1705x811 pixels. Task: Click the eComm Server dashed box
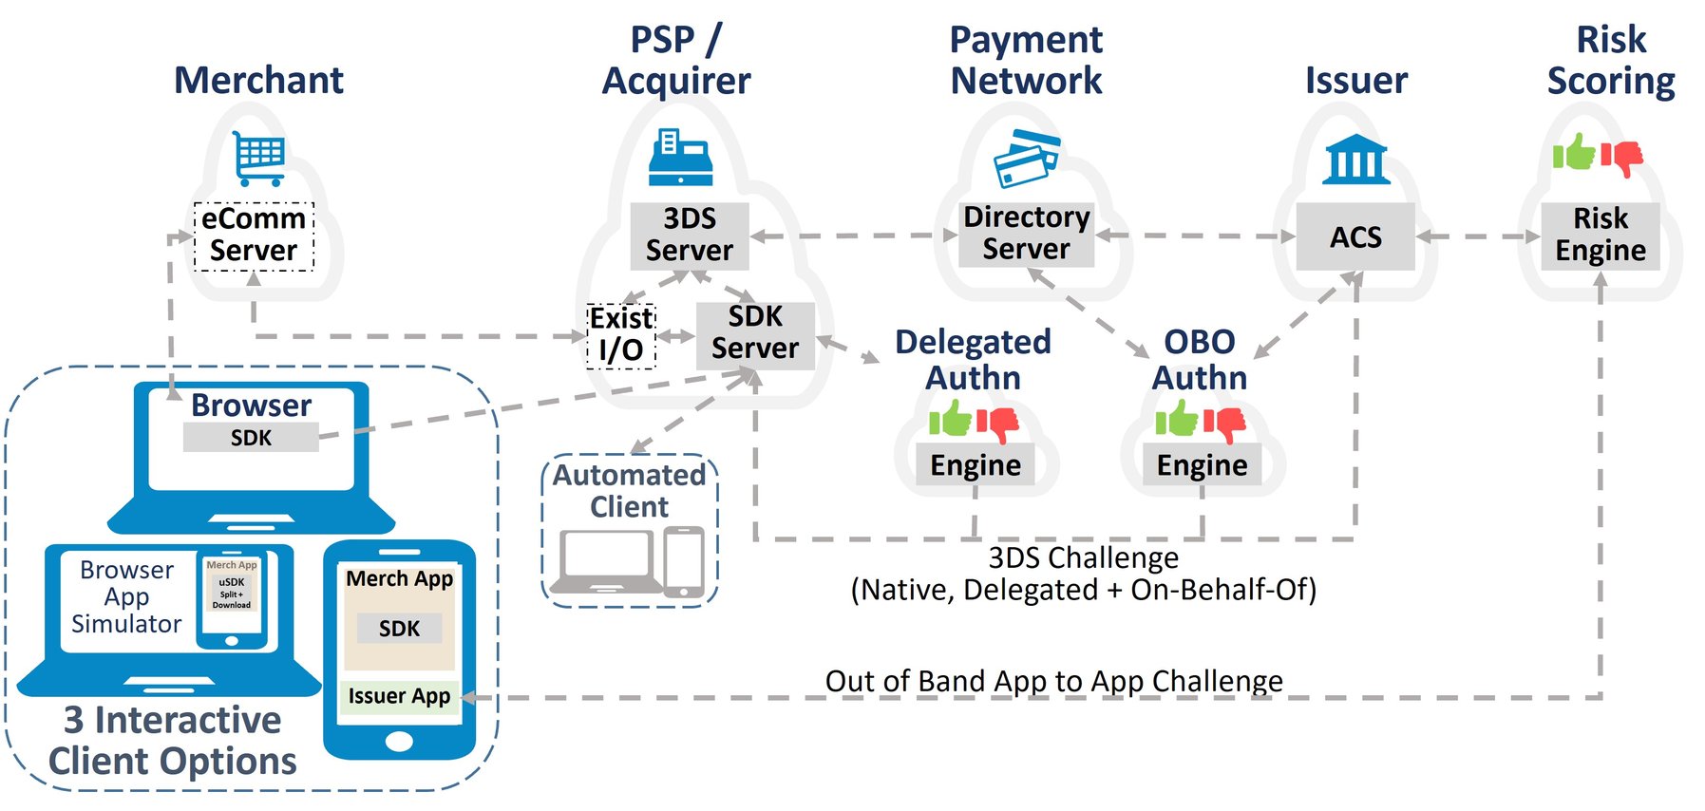[x=254, y=236]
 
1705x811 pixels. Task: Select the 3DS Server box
[x=690, y=236]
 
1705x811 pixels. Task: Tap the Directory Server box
[x=1026, y=234]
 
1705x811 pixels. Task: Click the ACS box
[x=1355, y=236]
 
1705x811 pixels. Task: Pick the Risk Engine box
[x=1601, y=236]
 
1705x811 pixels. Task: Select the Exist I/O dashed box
[x=621, y=335]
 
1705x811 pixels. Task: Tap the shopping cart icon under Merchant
[x=258, y=157]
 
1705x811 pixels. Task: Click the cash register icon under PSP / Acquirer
[x=680, y=157]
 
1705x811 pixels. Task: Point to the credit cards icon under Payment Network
[x=1026, y=158]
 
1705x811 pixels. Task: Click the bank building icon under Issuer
[x=1355, y=159]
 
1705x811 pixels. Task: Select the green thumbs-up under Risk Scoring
[x=1575, y=152]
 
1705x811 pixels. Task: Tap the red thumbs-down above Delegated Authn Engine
[x=997, y=423]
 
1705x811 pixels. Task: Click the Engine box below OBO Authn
[x=1202, y=465]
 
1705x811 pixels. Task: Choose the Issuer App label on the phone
[x=399, y=696]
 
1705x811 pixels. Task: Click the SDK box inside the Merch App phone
[x=399, y=628]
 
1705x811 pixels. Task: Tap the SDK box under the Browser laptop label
[x=251, y=438]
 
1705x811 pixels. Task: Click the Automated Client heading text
[x=629, y=490]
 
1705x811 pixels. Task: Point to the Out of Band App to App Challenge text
[x=1053, y=681]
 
